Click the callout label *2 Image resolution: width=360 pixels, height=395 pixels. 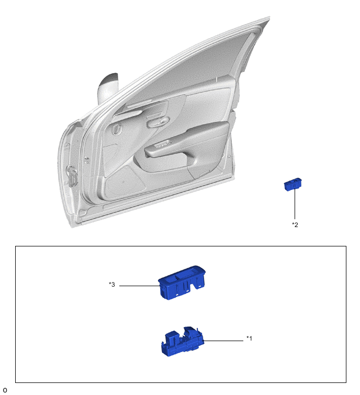[x=295, y=224]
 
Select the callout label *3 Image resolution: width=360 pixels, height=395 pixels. [x=111, y=285]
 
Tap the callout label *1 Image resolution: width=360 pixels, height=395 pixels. [x=249, y=338]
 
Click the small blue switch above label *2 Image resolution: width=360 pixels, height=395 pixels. [x=292, y=184]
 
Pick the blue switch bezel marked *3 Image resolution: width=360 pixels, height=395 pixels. [x=182, y=282]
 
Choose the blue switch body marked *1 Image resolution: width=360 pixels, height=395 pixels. [x=182, y=342]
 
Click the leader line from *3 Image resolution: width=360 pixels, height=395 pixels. [x=139, y=286]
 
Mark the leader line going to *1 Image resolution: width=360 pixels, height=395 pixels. [x=223, y=341]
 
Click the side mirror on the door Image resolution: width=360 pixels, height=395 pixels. [x=107, y=88]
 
